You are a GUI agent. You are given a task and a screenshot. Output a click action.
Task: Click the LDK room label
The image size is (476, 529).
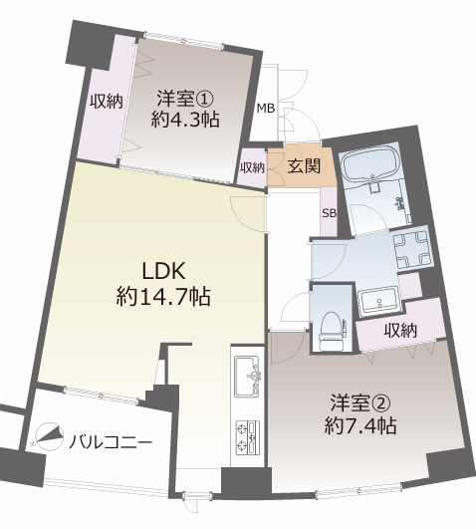(164, 271)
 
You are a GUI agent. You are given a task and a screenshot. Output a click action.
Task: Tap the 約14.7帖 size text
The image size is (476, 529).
(163, 297)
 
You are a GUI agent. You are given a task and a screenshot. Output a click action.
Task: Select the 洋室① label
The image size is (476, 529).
(185, 99)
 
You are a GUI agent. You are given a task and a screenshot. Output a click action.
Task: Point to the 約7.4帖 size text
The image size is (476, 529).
(360, 426)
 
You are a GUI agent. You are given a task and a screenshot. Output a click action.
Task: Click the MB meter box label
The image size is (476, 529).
(266, 109)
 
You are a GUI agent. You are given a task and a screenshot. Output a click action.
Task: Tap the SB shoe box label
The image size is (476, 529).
(330, 213)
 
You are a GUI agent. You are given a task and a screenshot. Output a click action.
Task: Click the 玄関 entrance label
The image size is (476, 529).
(304, 166)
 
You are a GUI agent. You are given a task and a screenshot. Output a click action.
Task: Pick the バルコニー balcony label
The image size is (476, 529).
(111, 441)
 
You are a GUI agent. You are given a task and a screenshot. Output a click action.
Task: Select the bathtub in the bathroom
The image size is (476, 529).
(370, 163)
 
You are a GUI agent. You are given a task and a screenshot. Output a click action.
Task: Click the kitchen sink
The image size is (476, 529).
(247, 376)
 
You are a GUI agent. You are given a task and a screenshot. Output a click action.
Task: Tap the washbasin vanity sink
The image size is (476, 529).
(378, 300)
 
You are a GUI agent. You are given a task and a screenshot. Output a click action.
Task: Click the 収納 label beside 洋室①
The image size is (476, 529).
(106, 101)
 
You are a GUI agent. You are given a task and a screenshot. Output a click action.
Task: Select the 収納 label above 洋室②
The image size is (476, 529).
(400, 331)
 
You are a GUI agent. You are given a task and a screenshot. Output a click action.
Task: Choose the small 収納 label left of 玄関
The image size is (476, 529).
(252, 167)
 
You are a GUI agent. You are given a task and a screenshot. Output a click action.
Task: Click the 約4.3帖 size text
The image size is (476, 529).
(185, 120)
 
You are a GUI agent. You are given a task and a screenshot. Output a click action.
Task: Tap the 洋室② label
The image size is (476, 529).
(360, 403)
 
